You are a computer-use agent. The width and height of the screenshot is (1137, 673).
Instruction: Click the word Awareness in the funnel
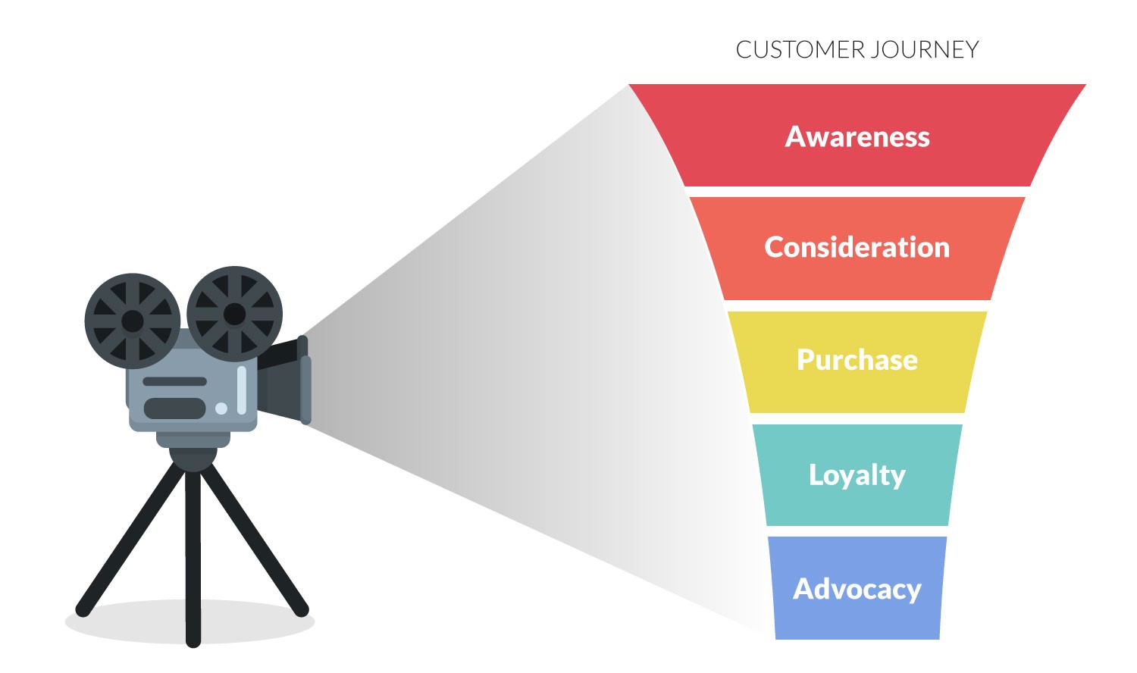point(857,136)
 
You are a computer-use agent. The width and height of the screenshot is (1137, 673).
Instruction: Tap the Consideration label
point(857,247)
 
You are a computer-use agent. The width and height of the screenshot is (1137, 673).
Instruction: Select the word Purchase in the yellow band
point(857,360)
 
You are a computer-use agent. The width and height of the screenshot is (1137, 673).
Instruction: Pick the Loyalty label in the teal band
point(857,475)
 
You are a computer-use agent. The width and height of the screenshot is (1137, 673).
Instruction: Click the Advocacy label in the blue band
point(857,590)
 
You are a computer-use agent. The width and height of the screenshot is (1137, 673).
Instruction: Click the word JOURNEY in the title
point(924,50)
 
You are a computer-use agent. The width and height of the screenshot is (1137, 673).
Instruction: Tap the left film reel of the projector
point(133,321)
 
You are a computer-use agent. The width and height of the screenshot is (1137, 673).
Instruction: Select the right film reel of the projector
point(234,315)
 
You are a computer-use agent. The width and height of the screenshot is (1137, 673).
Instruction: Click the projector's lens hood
point(284,380)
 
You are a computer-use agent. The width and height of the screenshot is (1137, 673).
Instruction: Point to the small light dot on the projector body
point(221,408)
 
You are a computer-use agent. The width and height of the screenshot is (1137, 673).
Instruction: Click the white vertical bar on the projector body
point(242,390)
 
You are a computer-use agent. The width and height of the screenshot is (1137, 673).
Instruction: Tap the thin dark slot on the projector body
point(174,381)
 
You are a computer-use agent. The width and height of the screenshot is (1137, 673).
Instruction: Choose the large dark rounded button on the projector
point(174,408)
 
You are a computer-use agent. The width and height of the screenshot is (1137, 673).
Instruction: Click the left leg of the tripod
point(131,539)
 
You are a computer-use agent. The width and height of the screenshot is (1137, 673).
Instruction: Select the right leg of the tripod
point(254,539)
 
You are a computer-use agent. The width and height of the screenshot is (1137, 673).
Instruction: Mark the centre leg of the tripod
point(193,559)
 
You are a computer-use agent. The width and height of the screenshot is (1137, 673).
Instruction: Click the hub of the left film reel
point(133,321)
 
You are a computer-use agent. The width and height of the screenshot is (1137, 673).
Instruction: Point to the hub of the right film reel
point(234,315)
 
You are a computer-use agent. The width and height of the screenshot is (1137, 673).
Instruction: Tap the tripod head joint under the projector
point(193,459)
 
